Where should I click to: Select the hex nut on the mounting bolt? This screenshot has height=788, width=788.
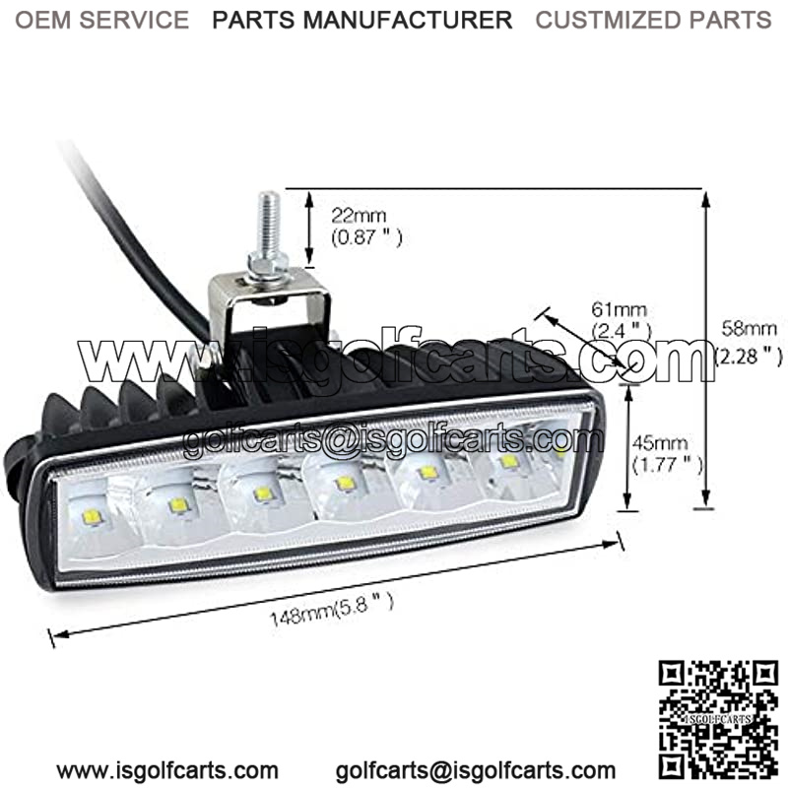267,263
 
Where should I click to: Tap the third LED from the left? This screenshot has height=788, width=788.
262,493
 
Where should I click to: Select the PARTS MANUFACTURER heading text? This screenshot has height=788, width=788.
363,19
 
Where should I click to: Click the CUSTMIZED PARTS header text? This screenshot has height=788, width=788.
653,19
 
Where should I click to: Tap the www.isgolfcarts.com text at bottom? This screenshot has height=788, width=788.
166,770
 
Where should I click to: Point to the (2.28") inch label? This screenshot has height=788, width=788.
750,352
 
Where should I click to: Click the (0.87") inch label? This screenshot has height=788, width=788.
367,237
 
